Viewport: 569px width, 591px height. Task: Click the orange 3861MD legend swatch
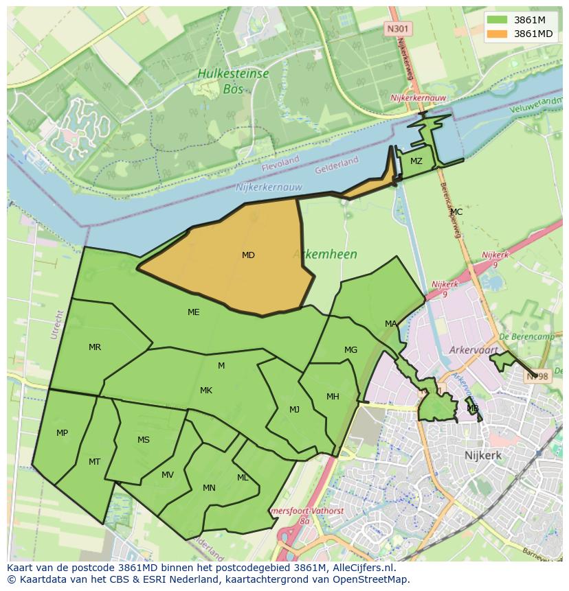click(498, 34)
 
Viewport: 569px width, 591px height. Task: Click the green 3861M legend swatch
click(498, 20)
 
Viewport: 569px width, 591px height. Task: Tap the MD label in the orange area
click(248, 255)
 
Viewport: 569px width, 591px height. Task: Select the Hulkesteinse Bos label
click(233, 80)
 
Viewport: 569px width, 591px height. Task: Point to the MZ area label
click(416, 161)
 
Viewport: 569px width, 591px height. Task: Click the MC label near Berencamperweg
click(456, 212)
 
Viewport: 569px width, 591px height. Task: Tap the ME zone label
click(194, 312)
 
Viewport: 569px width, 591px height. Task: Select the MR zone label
click(95, 347)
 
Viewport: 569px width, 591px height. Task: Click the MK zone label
click(206, 391)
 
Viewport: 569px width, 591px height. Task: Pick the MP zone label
click(62, 433)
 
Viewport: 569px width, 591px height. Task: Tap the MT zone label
click(95, 462)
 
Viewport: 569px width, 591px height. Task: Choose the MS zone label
click(144, 440)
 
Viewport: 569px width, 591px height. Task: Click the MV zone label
click(168, 475)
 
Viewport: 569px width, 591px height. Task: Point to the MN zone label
click(209, 488)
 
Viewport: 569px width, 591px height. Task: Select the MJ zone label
click(294, 410)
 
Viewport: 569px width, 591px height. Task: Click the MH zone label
click(333, 397)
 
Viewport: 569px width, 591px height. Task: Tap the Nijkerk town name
click(482, 455)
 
